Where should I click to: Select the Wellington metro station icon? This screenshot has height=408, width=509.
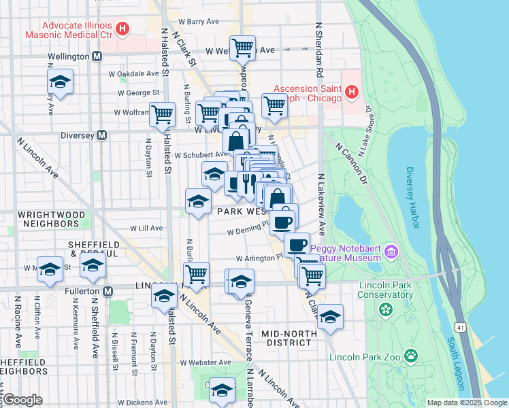pyautogui.click(x=97, y=56)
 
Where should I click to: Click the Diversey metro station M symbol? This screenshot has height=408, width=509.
pyautogui.click(x=101, y=135)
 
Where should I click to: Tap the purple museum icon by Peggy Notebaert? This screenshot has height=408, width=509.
pyautogui.click(x=391, y=252)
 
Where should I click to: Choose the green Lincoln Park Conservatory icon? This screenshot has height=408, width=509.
pyautogui.click(x=387, y=310)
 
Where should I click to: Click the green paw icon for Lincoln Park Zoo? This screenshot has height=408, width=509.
pyautogui.click(x=411, y=355)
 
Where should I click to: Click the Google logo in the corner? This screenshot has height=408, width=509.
pyautogui.click(x=23, y=400)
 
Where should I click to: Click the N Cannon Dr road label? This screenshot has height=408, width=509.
pyautogui.click(x=350, y=165)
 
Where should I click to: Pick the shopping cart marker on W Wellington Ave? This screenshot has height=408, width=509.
pyautogui.click(x=242, y=48)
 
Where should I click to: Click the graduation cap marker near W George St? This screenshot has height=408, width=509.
pyautogui.click(x=61, y=82)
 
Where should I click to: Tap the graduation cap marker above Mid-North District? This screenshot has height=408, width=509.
pyautogui.click(x=330, y=317)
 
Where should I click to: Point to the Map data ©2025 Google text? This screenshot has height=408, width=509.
pyautogui.click(x=465, y=403)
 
